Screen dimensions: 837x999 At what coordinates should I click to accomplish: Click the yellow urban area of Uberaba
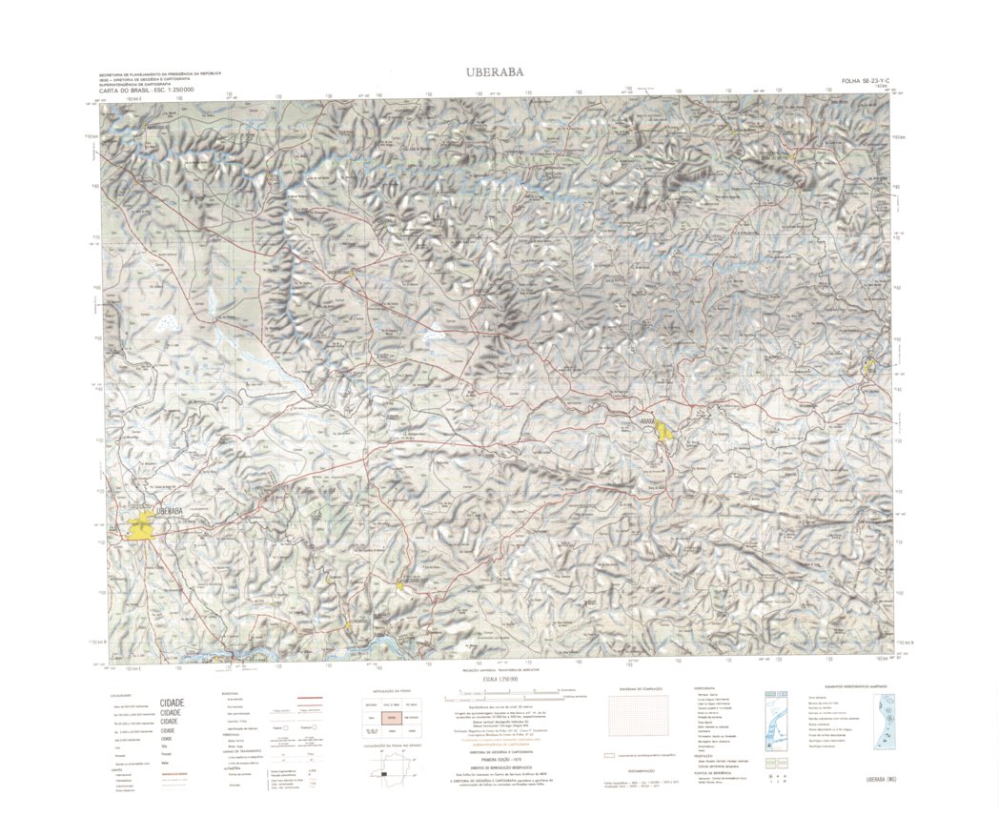(x=141, y=525)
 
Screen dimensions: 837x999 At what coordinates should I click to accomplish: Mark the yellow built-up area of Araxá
(x=663, y=430)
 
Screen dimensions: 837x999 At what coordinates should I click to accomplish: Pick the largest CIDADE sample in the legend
(x=173, y=703)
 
